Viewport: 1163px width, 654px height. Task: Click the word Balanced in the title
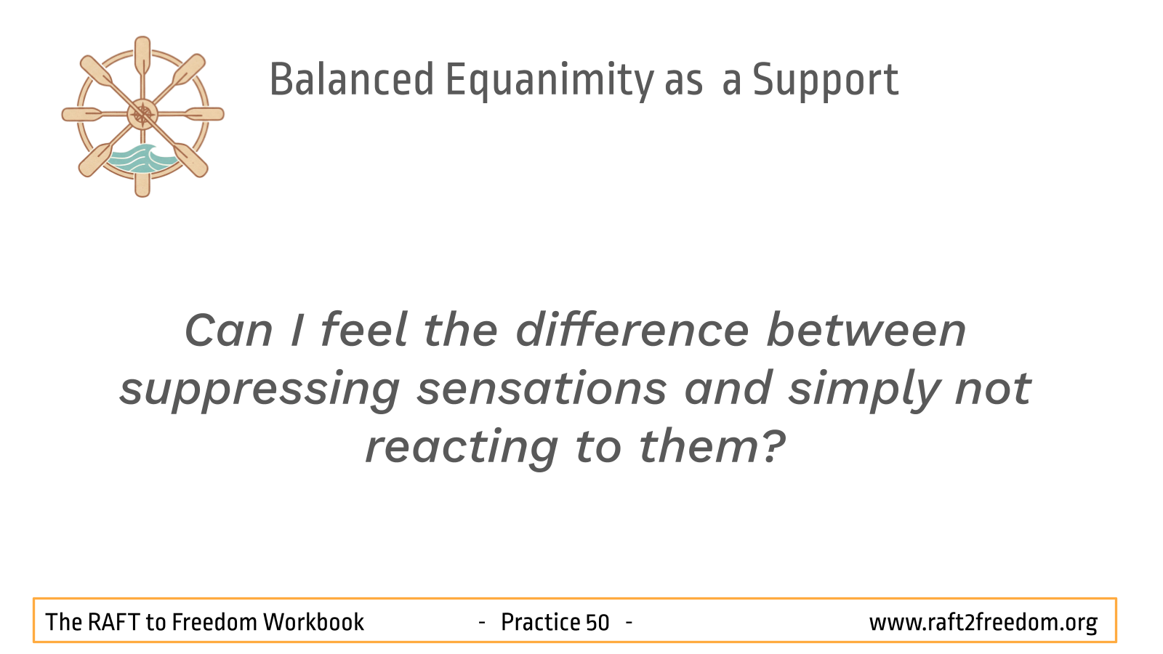pos(352,79)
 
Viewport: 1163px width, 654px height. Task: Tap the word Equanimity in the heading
pos(550,81)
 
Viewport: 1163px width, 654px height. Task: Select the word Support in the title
pos(826,81)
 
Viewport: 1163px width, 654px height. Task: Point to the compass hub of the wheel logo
pos(142,114)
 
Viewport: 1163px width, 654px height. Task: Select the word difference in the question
pos(632,330)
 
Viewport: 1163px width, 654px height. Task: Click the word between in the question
pos(866,330)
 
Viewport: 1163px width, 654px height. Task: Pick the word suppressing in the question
pos(259,390)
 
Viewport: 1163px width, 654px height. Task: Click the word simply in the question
pos(864,390)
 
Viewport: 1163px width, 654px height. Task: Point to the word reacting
pos(462,448)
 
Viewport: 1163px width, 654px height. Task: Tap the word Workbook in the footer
pos(313,622)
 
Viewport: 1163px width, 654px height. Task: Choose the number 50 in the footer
pos(597,622)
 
